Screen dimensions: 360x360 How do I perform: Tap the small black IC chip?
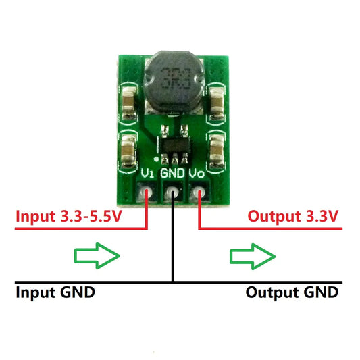pos(174,147)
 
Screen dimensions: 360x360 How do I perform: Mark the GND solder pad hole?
pos(174,194)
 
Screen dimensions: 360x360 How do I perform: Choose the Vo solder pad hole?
pos(199,194)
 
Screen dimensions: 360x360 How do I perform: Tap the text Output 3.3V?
pos(293,217)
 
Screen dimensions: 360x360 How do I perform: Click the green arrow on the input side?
pos(95,256)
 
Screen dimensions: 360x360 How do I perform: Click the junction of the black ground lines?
pos(174,281)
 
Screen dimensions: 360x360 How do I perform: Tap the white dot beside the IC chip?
pos(157,159)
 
